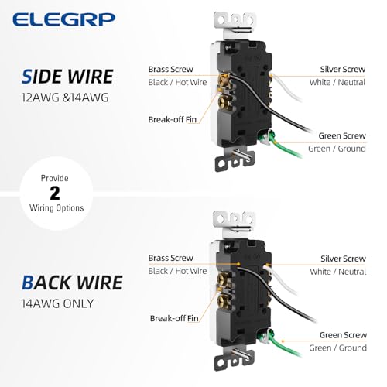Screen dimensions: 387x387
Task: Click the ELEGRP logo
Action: pos(63,19)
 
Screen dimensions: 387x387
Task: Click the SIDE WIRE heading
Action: pos(67,77)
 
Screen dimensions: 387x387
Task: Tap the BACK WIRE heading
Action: pos(72,283)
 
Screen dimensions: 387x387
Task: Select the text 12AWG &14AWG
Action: pos(65,98)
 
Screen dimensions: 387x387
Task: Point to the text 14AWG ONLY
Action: pos(57,303)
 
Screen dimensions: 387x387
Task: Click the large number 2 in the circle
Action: pos(55,193)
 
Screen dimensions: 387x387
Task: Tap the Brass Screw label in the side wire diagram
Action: pos(170,69)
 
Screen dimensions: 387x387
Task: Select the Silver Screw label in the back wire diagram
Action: pos(343,259)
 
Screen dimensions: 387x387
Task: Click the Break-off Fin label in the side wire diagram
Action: pos(173,119)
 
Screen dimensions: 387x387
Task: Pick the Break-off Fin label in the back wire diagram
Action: pos(174,318)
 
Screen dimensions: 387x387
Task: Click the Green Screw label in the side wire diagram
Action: pos(342,135)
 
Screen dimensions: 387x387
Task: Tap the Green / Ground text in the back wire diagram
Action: pos(337,348)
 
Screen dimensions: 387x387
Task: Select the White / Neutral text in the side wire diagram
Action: pos(337,82)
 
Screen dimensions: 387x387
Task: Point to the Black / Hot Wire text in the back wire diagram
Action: pos(177,271)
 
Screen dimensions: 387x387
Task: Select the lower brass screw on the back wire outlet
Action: pos(222,300)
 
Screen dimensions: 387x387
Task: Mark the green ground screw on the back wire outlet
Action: pos(264,337)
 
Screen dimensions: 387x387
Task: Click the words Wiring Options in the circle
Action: pos(57,208)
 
